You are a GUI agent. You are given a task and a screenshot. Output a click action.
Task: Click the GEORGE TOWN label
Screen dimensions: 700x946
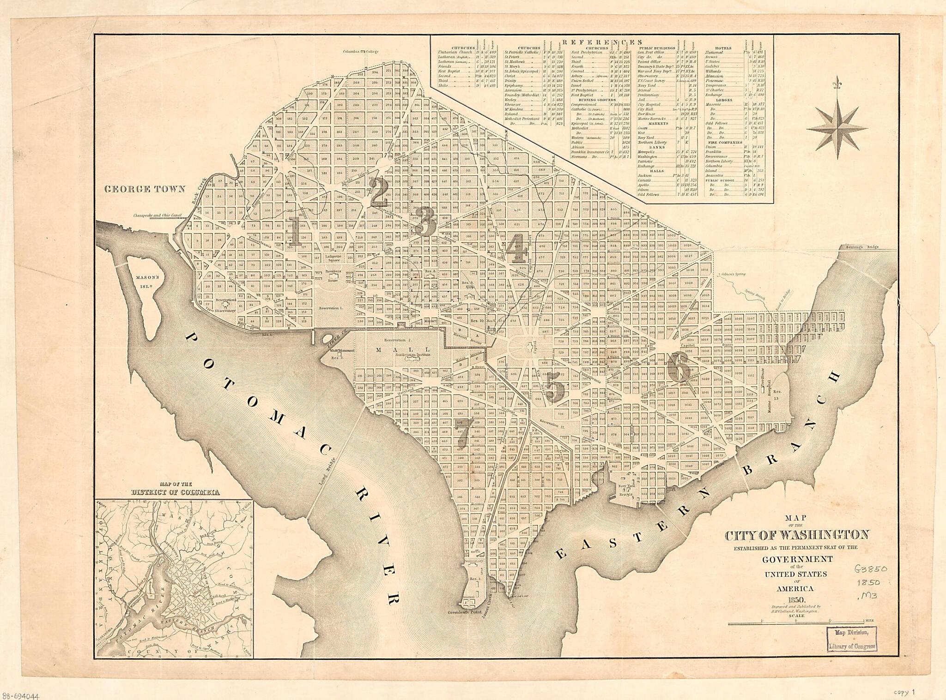pos(144,189)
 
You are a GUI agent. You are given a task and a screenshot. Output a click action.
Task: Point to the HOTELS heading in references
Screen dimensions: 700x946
pos(723,48)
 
